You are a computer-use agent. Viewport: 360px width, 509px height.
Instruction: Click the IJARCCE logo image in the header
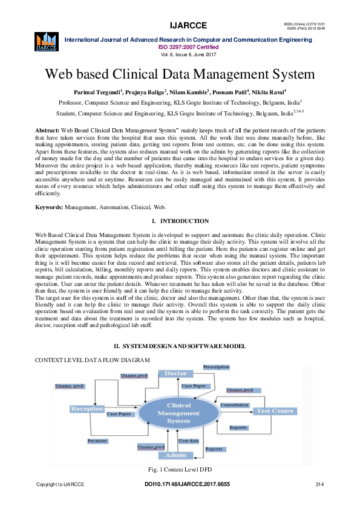pos(46,40)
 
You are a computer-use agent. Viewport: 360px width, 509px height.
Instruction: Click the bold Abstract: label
pos(47,131)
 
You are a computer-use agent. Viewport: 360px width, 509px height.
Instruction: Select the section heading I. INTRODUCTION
pos(180,221)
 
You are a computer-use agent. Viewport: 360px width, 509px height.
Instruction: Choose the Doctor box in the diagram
pos(176,374)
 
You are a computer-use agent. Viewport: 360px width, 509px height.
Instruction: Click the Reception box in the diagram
pos(87,409)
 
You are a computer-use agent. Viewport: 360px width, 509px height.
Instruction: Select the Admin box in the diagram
pos(176,455)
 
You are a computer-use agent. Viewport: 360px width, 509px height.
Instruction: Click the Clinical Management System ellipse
pos(178,413)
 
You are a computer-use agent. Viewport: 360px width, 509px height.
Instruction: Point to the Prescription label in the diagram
pos(216,367)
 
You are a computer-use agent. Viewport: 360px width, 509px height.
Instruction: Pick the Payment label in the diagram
pos(97,441)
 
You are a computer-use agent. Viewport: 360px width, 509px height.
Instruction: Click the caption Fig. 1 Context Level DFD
pos(180,468)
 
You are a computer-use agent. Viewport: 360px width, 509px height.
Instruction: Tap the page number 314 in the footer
pos(321,485)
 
